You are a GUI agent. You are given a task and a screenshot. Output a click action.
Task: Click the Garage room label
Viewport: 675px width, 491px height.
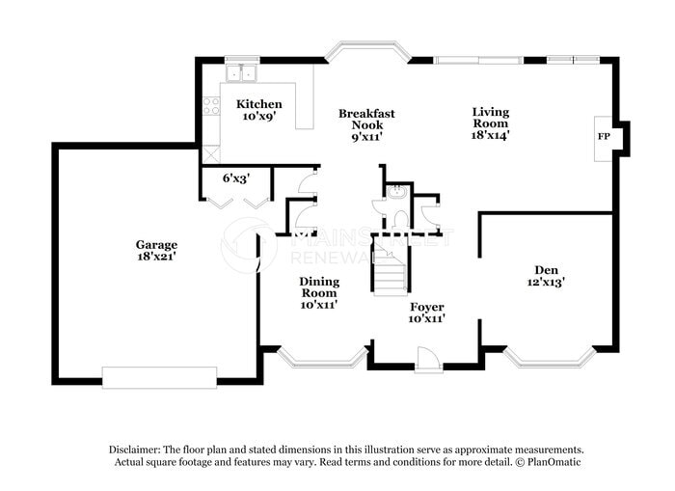(156, 244)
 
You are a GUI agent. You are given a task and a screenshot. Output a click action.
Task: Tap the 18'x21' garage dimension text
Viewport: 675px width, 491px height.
(156, 257)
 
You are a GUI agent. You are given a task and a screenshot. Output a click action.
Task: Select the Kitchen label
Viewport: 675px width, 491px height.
(259, 104)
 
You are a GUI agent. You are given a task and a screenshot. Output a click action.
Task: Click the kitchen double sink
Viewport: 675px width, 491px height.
(242, 72)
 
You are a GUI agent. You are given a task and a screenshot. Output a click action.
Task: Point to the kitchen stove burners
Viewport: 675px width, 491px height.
(211, 106)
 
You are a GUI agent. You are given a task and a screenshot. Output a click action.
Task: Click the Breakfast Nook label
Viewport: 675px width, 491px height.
(366, 114)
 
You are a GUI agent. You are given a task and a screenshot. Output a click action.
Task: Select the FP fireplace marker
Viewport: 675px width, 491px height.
(604, 137)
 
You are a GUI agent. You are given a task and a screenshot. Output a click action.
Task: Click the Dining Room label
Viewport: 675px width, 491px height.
(318, 286)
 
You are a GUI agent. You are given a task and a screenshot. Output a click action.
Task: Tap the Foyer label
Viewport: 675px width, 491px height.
(426, 307)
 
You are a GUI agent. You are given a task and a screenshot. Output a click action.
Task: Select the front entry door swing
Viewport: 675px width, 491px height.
(429, 359)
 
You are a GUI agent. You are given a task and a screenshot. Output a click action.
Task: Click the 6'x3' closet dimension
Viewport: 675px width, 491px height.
(236, 177)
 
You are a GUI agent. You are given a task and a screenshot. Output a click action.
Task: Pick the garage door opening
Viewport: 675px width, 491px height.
(159, 377)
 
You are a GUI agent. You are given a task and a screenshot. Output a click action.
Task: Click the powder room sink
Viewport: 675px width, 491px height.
(397, 192)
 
